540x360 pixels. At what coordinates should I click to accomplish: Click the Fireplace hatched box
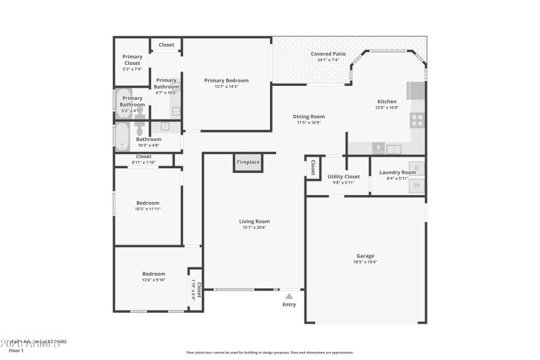point(247,162)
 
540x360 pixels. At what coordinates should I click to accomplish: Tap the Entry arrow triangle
point(289,295)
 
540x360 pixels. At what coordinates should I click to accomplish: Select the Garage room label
point(365,256)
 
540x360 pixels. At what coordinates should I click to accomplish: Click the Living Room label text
point(254,222)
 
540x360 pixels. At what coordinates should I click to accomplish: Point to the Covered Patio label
point(328,54)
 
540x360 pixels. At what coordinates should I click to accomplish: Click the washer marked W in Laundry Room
point(416,185)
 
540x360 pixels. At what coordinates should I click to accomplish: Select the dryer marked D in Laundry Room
point(416,168)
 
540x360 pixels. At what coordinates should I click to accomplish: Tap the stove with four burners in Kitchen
point(417,120)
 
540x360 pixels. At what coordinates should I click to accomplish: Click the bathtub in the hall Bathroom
point(123,136)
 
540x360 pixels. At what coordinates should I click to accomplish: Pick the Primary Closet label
point(132,59)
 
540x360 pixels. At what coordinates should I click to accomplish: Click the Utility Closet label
point(344,176)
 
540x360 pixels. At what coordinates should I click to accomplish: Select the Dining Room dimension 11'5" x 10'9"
point(310,123)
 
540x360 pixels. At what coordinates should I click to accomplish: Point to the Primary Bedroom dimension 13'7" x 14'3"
point(226,86)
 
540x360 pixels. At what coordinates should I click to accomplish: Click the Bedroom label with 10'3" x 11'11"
point(148,203)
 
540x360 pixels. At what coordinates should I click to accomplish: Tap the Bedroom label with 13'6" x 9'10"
point(153,274)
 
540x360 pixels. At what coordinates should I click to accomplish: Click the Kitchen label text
point(387,101)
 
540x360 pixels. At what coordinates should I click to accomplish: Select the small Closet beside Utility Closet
point(313,168)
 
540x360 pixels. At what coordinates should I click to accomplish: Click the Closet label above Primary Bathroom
point(166,45)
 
